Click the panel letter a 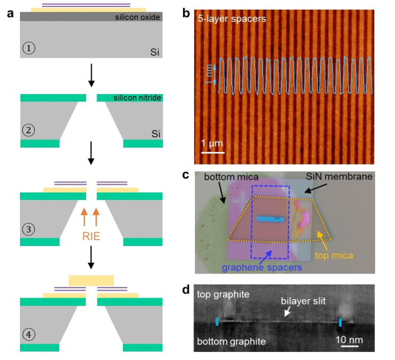[x=10, y=13]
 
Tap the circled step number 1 [x=29, y=48]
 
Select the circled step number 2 [x=28, y=130]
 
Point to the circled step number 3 [x=28, y=230]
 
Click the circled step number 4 [x=28, y=335]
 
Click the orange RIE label [x=91, y=236]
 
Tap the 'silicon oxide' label [x=137, y=17]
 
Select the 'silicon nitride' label [x=137, y=98]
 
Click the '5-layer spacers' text [x=232, y=19]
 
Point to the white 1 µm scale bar [x=213, y=153]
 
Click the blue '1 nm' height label [x=209, y=74]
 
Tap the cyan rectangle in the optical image [x=270, y=219]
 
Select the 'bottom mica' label [x=231, y=177]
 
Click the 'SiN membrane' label [x=339, y=176]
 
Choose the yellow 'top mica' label [x=334, y=256]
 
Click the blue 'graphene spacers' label [x=262, y=267]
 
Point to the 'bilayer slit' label [x=303, y=301]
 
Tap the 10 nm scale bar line [x=350, y=347]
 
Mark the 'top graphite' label [x=223, y=295]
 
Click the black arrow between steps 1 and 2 [x=91, y=76]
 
